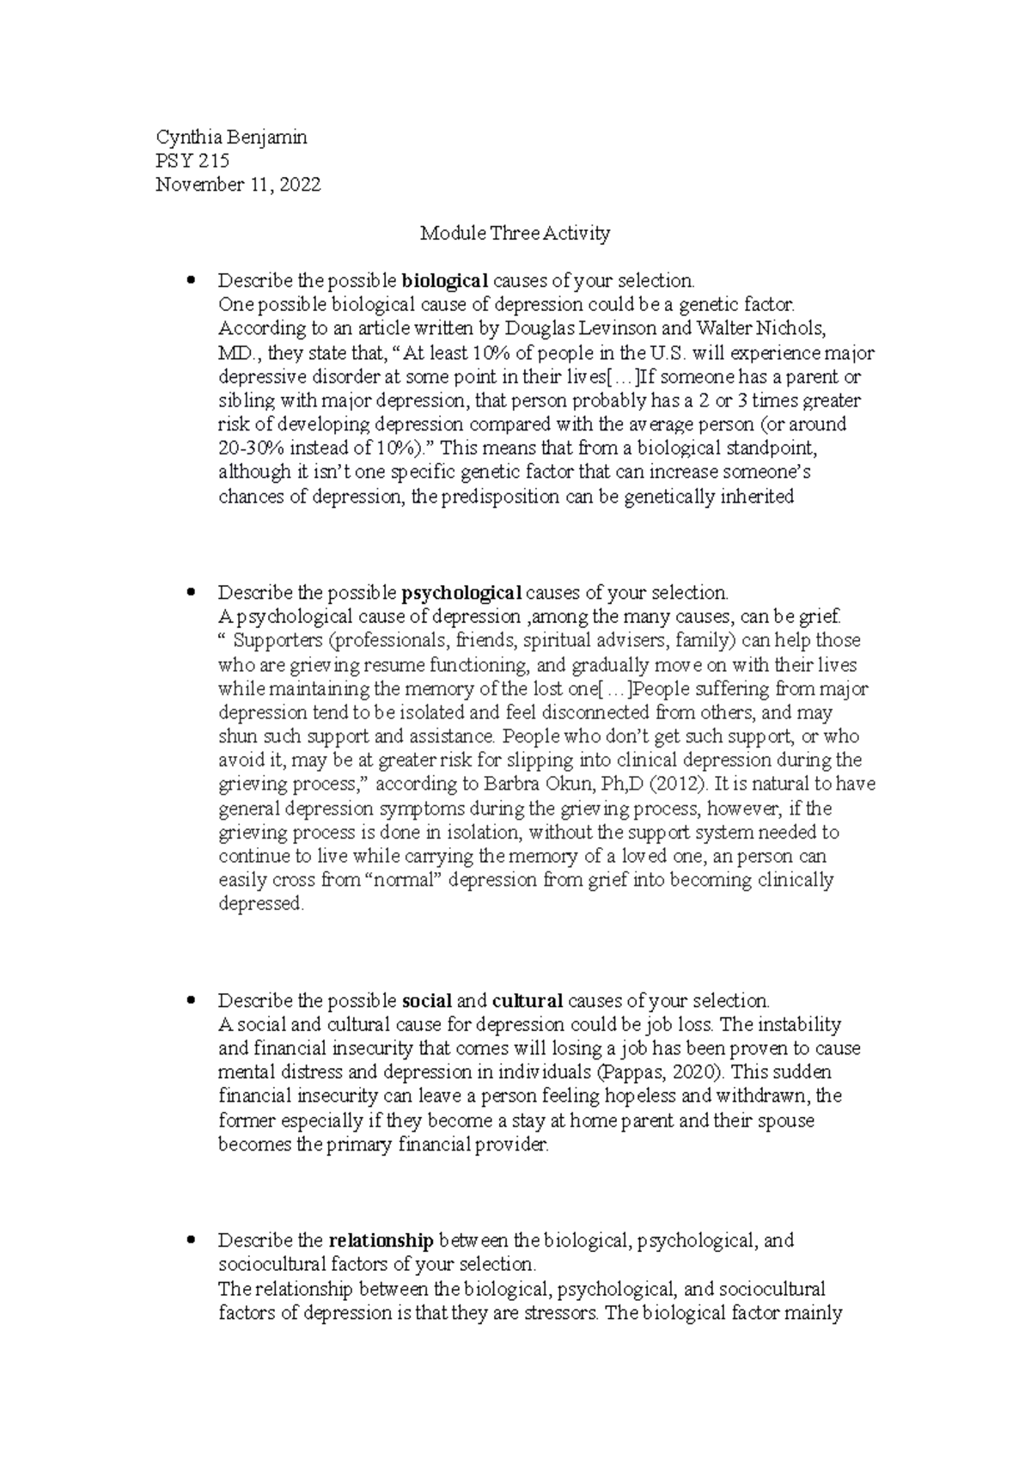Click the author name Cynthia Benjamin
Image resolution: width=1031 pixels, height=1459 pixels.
tap(230, 137)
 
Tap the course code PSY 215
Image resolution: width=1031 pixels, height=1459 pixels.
tap(192, 161)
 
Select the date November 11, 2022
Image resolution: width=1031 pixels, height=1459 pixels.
tap(238, 185)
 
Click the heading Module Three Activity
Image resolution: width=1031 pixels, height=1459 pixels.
tap(515, 233)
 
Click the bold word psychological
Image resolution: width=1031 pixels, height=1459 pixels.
tap(461, 592)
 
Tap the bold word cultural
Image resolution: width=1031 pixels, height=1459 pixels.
tap(528, 1000)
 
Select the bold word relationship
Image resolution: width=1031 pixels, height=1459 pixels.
tap(381, 1240)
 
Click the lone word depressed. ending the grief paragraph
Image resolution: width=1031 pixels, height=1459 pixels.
tap(261, 904)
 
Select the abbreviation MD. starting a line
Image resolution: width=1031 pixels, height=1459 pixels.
tap(234, 352)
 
